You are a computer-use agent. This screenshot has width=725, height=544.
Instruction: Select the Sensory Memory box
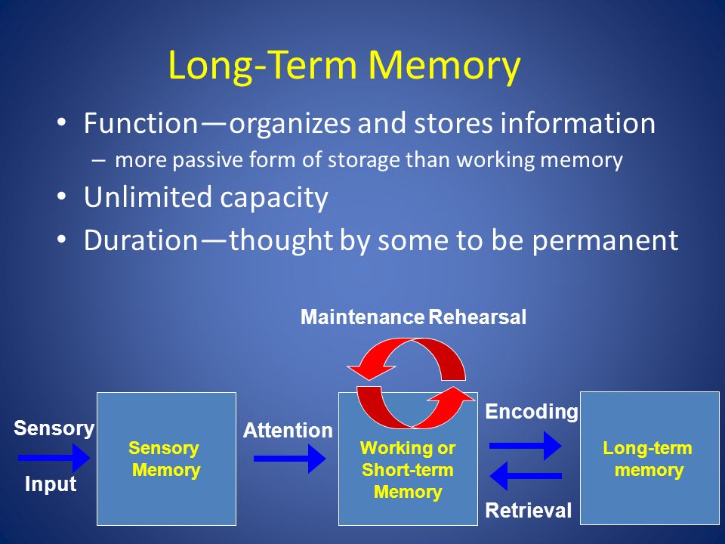pyautogui.click(x=166, y=459)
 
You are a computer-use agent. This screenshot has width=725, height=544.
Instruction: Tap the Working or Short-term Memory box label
pyautogui.click(x=408, y=469)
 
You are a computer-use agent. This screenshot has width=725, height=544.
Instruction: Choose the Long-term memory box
pyautogui.click(x=649, y=458)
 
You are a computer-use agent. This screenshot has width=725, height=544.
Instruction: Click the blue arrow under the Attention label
pyautogui.click(x=290, y=459)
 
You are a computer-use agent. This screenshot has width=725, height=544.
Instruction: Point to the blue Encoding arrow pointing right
pyautogui.click(x=526, y=446)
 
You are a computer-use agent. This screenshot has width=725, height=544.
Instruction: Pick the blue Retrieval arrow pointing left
pyautogui.click(x=526, y=475)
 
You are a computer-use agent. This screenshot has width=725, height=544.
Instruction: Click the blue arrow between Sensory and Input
pyautogui.click(x=54, y=458)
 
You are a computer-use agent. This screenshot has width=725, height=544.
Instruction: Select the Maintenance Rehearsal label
pyautogui.click(x=413, y=317)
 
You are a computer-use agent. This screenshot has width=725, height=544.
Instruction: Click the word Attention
pyautogui.click(x=288, y=430)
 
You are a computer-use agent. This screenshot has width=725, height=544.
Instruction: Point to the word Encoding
pyautogui.click(x=532, y=412)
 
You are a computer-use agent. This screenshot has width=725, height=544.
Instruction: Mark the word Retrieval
pyautogui.click(x=529, y=510)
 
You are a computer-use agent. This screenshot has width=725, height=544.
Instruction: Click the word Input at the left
pyautogui.click(x=51, y=484)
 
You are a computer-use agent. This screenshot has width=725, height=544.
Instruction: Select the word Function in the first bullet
pyautogui.click(x=141, y=123)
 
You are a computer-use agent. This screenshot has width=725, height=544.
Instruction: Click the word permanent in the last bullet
pyautogui.click(x=605, y=240)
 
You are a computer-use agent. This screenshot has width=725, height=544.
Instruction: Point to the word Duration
pyautogui.click(x=141, y=240)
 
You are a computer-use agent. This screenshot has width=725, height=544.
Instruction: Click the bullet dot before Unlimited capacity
pyautogui.click(x=61, y=196)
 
